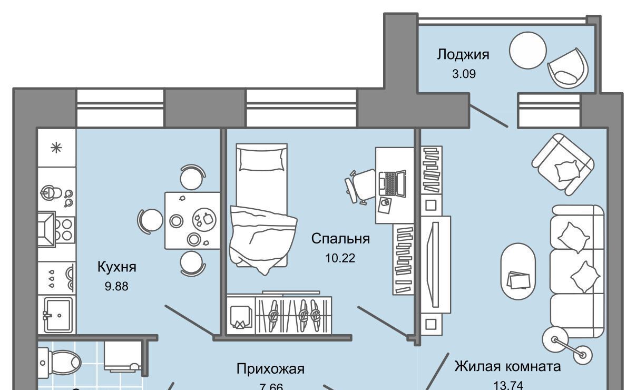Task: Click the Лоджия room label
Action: pos(463,54)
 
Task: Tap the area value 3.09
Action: pos(463,74)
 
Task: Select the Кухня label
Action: pos(117,267)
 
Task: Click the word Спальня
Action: pos(340,239)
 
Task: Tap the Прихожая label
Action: pos(270,368)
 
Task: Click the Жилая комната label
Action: pos(507,366)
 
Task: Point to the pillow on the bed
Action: pos(262,159)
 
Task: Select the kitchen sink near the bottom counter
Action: pos(57,315)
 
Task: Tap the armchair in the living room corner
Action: pos(562,164)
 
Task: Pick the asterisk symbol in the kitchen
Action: pos(55,148)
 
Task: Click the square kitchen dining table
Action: pos(192,220)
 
